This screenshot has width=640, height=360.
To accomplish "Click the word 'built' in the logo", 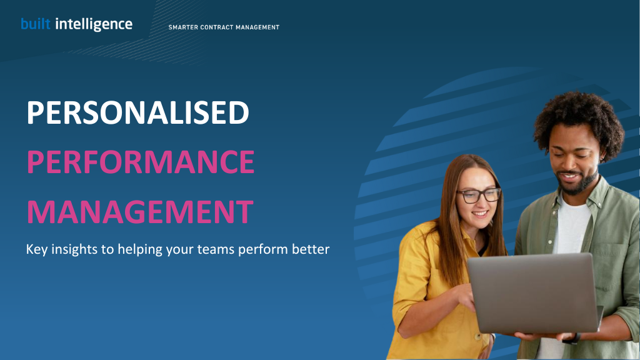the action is point(36,24).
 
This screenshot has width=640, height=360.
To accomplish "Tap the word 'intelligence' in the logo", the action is point(94,25).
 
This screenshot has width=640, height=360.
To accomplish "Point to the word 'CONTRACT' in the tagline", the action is point(217,27).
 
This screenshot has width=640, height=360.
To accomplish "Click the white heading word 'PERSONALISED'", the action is point(138,112).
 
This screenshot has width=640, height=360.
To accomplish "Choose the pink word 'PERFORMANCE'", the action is point(141,162).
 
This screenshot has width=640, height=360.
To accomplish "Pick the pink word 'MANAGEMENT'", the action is point(140,212).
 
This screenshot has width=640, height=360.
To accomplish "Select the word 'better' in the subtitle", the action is point(311,249).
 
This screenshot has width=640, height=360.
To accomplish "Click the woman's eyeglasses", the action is point(478,195).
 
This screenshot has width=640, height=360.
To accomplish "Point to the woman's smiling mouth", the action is point(479,214).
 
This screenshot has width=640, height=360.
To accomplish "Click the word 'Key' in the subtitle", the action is point(37,249).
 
